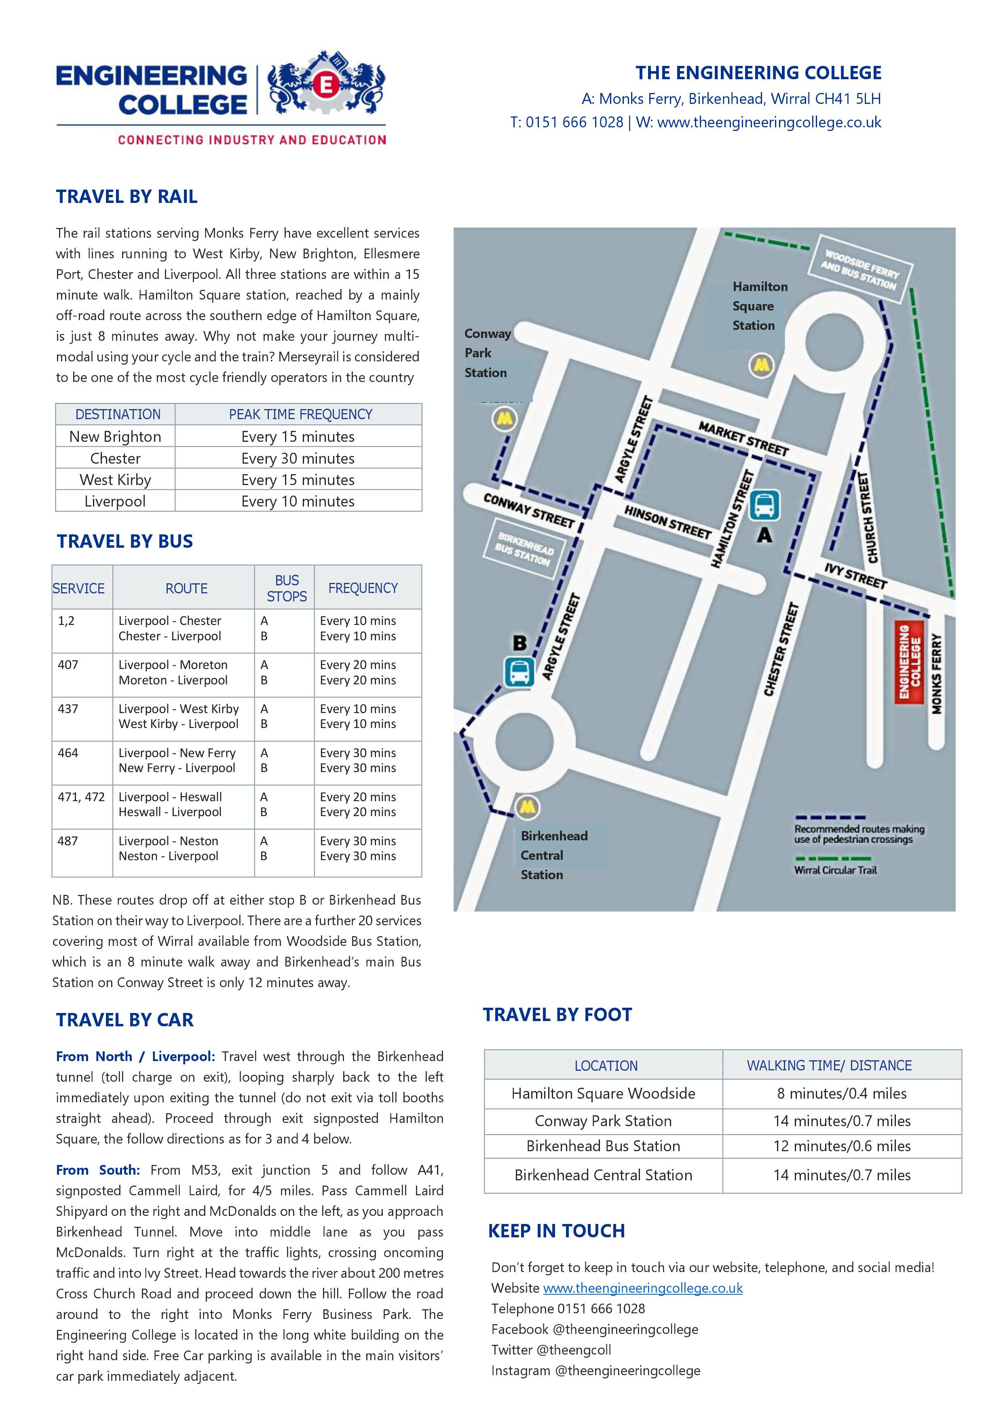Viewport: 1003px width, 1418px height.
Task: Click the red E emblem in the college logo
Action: pyautogui.click(x=325, y=85)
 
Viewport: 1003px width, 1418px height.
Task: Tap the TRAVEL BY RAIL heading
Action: pyautogui.click(x=127, y=196)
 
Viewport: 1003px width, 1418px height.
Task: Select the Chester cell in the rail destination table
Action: pyautogui.click(x=116, y=458)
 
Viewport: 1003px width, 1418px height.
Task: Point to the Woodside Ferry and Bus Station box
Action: pyautogui.click(x=860, y=270)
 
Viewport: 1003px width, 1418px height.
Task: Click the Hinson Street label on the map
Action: pyautogui.click(x=667, y=522)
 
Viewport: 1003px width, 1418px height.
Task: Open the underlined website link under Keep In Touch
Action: pyautogui.click(x=642, y=1288)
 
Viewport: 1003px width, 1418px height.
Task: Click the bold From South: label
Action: pyautogui.click(x=97, y=1170)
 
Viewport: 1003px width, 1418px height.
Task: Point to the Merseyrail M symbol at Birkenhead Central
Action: pyautogui.click(x=528, y=806)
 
